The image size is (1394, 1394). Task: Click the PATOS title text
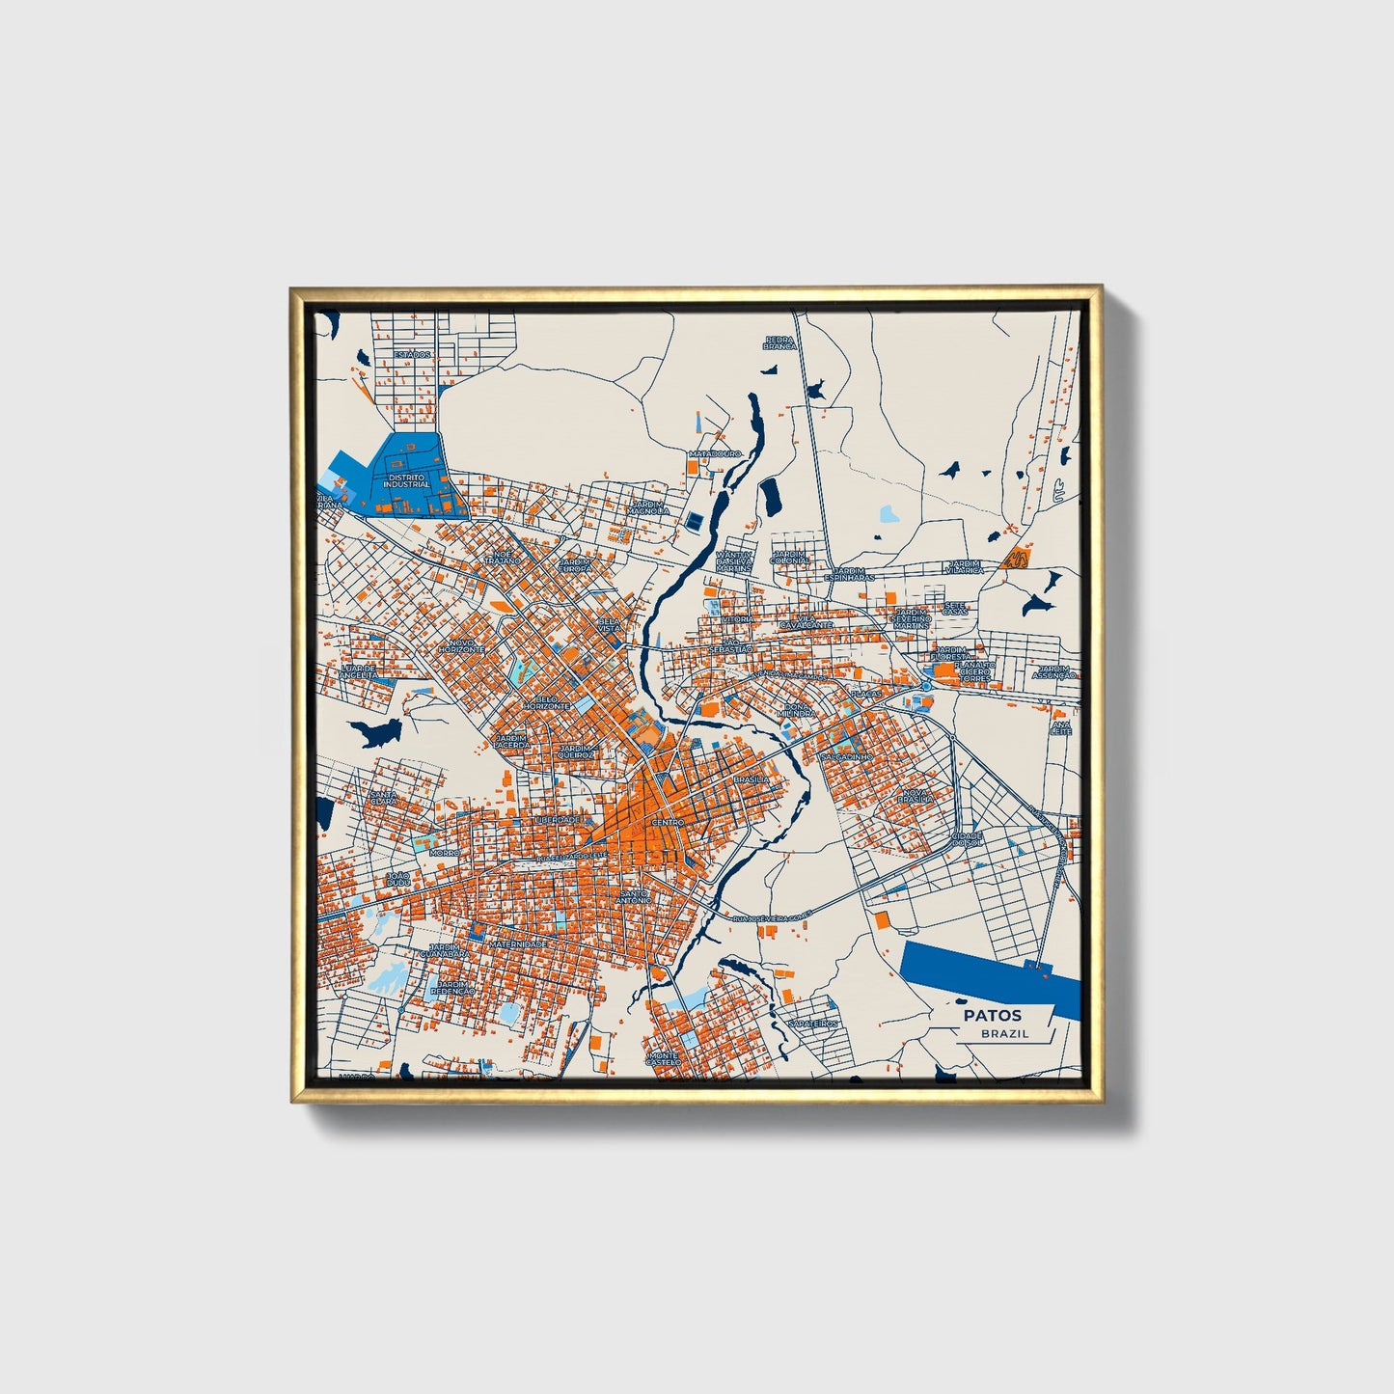992,1015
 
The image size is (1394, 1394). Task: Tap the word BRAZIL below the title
1004,1033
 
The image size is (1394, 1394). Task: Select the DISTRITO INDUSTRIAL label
406,479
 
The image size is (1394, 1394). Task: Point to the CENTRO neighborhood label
668,822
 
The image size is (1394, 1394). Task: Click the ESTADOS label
412,354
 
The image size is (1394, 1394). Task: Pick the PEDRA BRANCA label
779,342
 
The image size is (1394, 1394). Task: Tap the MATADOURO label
715,452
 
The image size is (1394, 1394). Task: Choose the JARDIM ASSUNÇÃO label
1053,671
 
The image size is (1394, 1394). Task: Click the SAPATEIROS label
812,1024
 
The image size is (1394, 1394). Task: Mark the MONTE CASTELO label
664,1059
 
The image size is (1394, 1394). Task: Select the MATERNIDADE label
518,943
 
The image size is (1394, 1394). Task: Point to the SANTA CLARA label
383,798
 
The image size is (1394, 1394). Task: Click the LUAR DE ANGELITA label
358,671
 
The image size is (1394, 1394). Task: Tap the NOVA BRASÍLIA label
916,796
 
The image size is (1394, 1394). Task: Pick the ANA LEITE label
1061,726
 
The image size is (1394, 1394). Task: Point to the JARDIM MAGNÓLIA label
649,506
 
